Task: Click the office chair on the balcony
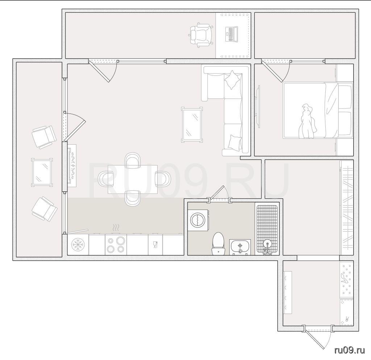click(201, 35)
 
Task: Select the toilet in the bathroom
click(218, 244)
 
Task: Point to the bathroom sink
click(240, 247)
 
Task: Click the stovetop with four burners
click(116, 244)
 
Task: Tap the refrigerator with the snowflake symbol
click(78, 244)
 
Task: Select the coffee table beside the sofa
click(192, 125)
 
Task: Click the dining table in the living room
click(133, 179)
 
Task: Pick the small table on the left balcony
click(42, 172)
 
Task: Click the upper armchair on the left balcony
click(44, 137)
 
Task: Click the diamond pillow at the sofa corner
click(232, 80)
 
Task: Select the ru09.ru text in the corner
click(350, 350)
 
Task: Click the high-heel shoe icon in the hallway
click(343, 278)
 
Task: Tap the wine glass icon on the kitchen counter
click(155, 244)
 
